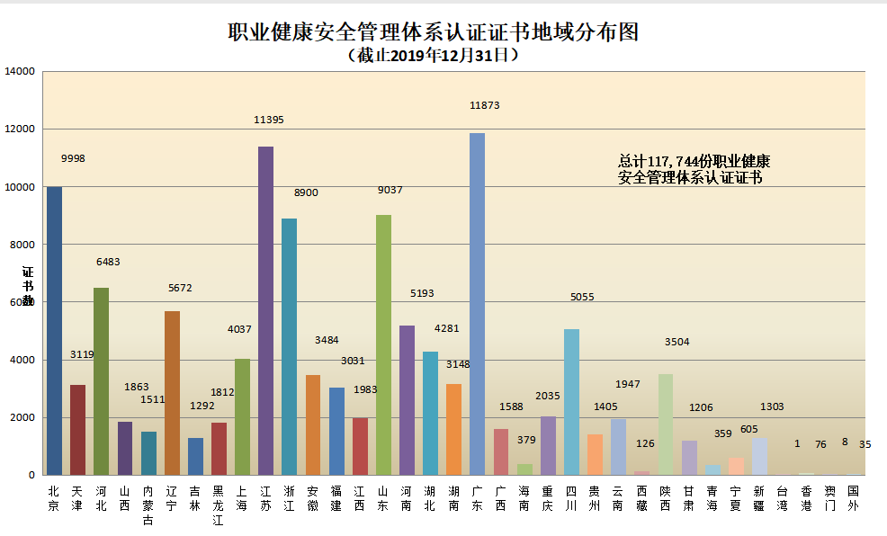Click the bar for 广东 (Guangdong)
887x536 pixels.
pos(477,304)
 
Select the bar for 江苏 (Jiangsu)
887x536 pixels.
pos(265,310)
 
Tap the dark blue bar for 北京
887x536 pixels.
pos(54,330)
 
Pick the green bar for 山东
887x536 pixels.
pos(383,344)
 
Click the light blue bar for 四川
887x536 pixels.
pos(571,401)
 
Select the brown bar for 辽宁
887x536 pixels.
pos(172,393)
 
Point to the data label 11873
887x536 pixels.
pos(484,105)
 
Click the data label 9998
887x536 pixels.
pos(73,158)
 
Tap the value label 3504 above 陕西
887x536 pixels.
pos(676,342)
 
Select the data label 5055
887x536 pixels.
pos(582,297)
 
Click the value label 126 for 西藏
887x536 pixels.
pos(645,443)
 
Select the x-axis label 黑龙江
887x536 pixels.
pos(219,505)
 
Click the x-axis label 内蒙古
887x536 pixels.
pos(148,505)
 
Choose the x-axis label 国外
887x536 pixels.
pos(853,498)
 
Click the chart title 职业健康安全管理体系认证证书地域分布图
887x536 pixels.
pos(433,32)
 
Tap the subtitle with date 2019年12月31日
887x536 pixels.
pos(433,55)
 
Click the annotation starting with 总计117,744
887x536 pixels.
pos(694,169)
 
